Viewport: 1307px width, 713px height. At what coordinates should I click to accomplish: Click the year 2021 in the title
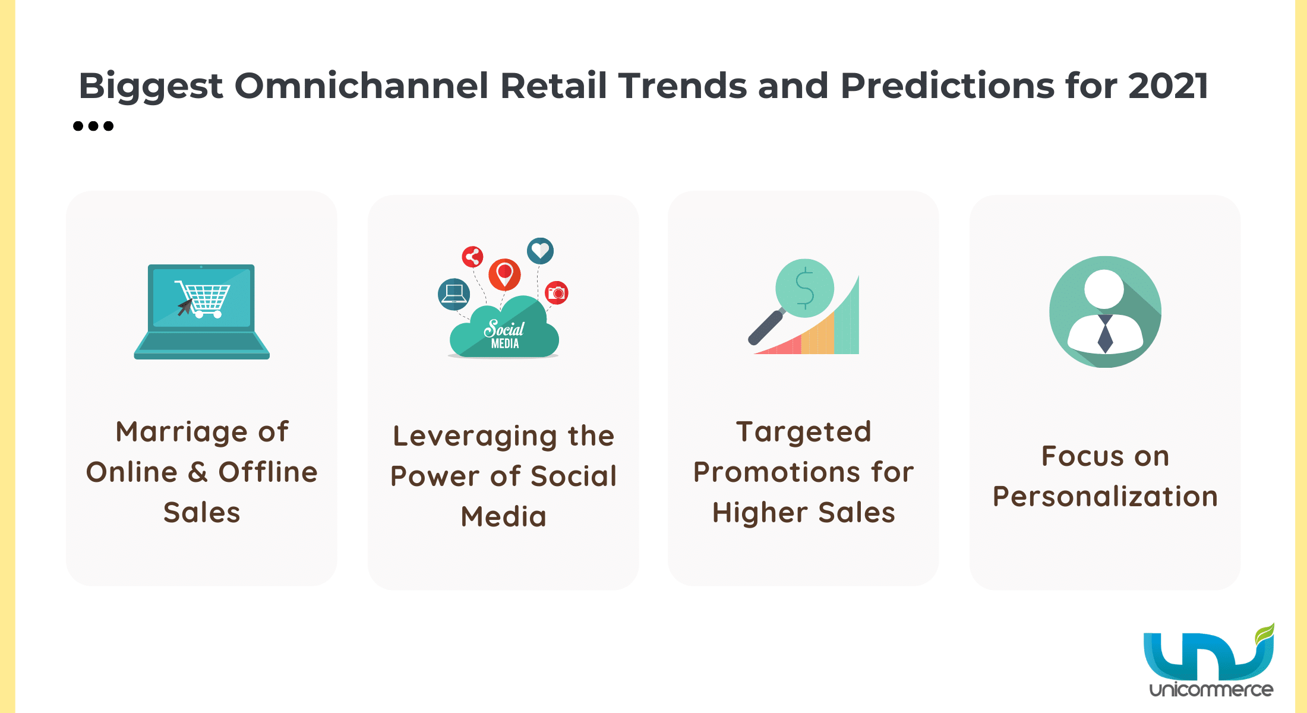tap(1168, 86)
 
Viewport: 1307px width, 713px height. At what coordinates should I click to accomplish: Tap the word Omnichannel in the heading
tap(362, 86)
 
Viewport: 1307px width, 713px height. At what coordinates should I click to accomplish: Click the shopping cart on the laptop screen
tap(203, 298)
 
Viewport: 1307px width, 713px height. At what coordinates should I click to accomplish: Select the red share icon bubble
tap(473, 257)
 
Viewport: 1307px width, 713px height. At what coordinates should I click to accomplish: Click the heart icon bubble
tap(540, 251)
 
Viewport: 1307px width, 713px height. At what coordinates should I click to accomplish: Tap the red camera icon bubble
tap(557, 293)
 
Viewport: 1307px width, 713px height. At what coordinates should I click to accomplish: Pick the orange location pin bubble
tap(504, 275)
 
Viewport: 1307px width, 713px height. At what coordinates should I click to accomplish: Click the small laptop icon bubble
tap(454, 294)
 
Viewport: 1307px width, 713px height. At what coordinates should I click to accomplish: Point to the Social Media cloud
tap(504, 330)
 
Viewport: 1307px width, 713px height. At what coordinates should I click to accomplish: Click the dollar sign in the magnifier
tap(805, 288)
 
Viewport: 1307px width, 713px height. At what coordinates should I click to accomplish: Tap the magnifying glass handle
tap(766, 327)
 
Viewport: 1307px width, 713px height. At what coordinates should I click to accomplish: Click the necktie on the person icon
tap(1105, 333)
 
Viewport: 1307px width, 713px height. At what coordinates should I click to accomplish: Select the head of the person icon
tap(1104, 289)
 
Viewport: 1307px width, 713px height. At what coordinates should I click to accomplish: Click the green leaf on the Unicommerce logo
tap(1265, 634)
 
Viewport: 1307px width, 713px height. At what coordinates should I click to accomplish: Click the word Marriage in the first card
tap(181, 433)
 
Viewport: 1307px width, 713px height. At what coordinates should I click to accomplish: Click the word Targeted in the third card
tap(804, 433)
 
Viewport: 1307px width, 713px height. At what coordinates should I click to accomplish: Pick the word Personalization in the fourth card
tap(1105, 497)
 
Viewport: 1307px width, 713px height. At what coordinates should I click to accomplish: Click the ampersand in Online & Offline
tap(198, 472)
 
